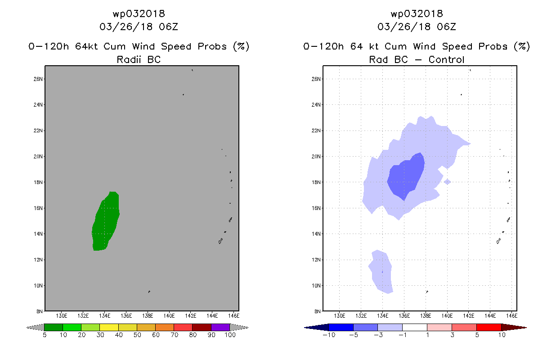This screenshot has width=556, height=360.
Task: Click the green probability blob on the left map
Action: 106,221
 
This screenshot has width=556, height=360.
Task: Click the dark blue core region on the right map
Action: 406,177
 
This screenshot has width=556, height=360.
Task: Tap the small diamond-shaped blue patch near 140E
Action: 447,182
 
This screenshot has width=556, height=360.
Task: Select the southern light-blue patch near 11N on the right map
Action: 381,272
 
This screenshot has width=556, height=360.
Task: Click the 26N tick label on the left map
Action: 38,79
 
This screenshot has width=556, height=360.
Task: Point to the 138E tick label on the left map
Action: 148,316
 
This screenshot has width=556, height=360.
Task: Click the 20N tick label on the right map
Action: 316,157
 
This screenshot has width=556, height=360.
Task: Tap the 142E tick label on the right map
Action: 469,316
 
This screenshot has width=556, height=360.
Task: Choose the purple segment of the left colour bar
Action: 220,327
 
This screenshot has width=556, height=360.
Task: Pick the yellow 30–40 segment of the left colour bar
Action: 109,327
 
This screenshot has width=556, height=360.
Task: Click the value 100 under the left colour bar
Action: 230,335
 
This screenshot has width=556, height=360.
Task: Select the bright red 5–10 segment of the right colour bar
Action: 489,327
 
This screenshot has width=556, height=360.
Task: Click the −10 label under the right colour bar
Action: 329,335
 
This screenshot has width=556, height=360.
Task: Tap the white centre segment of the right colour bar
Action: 415,327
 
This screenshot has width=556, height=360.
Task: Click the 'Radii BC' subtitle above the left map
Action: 139,59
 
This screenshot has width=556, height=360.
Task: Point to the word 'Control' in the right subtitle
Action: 447,59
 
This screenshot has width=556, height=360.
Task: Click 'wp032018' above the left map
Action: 139,13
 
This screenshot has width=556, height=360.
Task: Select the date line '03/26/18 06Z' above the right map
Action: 417,27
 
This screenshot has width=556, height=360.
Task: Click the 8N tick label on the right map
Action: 318,311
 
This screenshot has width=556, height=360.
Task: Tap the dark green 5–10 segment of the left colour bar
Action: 54,327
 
